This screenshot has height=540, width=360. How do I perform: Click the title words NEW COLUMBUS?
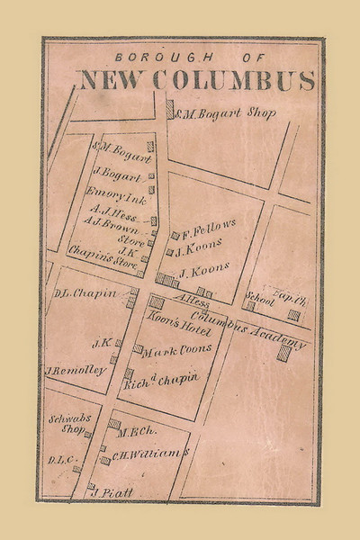click(197, 79)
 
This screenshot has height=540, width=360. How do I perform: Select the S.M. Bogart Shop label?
click(224, 113)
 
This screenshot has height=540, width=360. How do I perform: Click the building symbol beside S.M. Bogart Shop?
click(170, 109)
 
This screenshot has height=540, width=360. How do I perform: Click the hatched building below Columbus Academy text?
click(284, 353)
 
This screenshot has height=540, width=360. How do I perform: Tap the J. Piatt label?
click(112, 490)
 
